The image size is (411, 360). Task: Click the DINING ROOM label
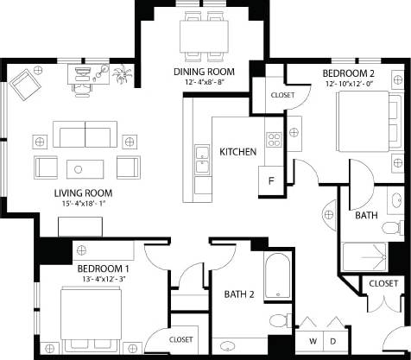[x=204, y=72]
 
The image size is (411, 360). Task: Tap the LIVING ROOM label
[x=84, y=193]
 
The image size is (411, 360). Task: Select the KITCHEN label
[x=237, y=152]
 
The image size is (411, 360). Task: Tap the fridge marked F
[x=271, y=181]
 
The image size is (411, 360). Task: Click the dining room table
[x=205, y=35]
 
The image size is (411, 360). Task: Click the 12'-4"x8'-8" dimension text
[x=204, y=82]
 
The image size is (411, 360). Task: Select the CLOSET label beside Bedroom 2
[x=282, y=95]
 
